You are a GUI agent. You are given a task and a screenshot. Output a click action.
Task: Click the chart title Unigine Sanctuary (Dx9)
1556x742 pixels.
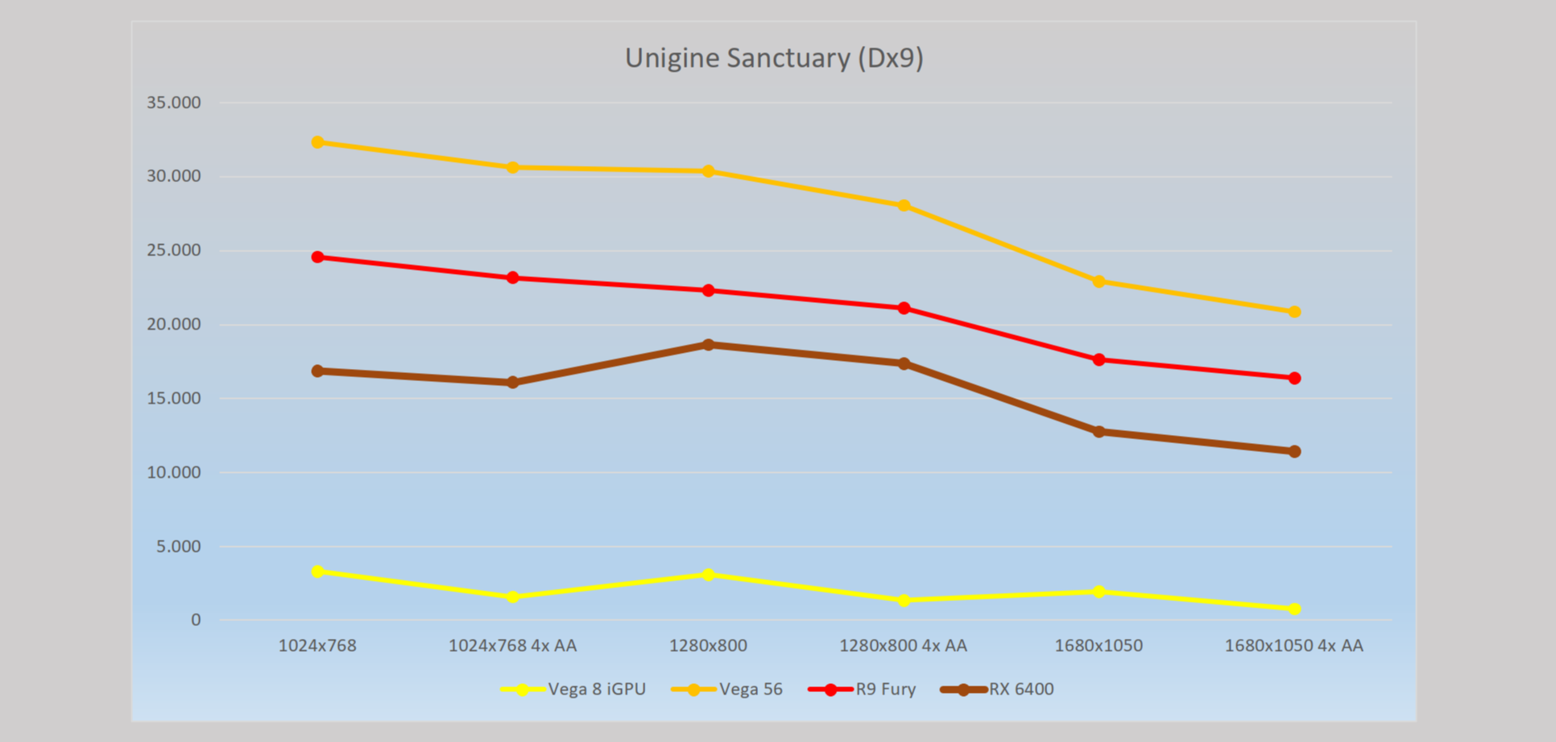(x=774, y=58)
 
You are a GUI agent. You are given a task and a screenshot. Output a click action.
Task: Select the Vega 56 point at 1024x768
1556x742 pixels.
(x=317, y=143)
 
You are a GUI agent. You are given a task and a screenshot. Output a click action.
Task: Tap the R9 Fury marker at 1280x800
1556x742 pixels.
(x=708, y=290)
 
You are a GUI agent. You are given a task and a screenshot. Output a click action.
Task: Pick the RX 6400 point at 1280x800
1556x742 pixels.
(x=708, y=345)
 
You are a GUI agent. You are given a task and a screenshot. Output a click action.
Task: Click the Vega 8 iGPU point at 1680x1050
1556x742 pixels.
(x=1099, y=591)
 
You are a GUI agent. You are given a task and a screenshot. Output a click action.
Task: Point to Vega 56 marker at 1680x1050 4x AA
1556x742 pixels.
(x=1294, y=312)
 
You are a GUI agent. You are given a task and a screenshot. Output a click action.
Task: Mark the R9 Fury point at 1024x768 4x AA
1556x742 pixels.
(x=513, y=278)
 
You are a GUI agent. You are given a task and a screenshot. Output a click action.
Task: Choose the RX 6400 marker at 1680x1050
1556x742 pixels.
(x=1099, y=432)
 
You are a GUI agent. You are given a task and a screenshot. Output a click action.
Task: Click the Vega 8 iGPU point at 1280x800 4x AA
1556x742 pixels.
(x=904, y=600)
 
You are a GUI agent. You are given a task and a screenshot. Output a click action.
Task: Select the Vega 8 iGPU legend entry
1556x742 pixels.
(x=573, y=690)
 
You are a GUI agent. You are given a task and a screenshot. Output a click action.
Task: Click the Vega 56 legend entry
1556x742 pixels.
(x=727, y=690)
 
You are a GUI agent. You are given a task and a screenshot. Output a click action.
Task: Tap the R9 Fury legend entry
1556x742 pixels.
(x=863, y=690)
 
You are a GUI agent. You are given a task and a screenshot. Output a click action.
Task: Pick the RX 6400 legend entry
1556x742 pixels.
(x=998, y=690)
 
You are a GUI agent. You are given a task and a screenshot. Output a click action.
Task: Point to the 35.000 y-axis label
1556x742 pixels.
(x=174, y=102)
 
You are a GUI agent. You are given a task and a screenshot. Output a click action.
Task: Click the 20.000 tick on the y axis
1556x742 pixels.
(x=174, y=325)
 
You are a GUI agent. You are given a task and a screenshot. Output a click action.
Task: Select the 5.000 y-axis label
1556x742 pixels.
(x=179, y=546)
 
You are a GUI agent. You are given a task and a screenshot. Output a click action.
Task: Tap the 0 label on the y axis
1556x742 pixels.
(x=196, y=620)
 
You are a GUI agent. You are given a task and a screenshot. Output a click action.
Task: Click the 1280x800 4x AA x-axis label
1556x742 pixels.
(x=903, y=645)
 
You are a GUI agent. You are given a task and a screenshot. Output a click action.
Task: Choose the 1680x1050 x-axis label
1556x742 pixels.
(x=1099, y=645)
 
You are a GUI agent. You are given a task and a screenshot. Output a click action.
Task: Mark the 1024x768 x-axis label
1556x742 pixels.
(x=317, y=645)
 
